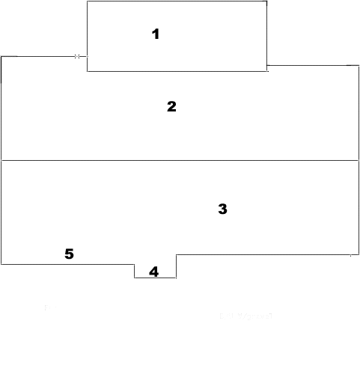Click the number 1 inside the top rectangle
(x=156, y=34)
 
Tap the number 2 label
(x=171, y=106)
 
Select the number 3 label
(x=222, y=209)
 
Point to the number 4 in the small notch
(x=154, y=272)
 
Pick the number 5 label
(x=69, y=254)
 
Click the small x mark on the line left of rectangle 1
(x=77, y=56)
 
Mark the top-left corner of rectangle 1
(x=87, y=1)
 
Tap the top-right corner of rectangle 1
(x=267, y=1)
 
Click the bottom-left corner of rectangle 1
(x=87, y=71)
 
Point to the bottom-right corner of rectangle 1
(x=267, y=71)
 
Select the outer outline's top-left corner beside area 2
(x=1, y=56)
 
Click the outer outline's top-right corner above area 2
(x=359, y=66)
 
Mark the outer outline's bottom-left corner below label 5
(x=1, y=264)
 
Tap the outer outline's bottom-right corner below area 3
(x=359, y=254)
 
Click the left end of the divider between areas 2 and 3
(x=1, y=160)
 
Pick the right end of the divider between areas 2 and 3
(x=359, y=160)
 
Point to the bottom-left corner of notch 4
(x=135, y=278)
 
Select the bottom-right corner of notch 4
(x=176, y=278)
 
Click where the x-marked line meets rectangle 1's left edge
(x=87, y=56)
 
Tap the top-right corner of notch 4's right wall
(x=176, y=254)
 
